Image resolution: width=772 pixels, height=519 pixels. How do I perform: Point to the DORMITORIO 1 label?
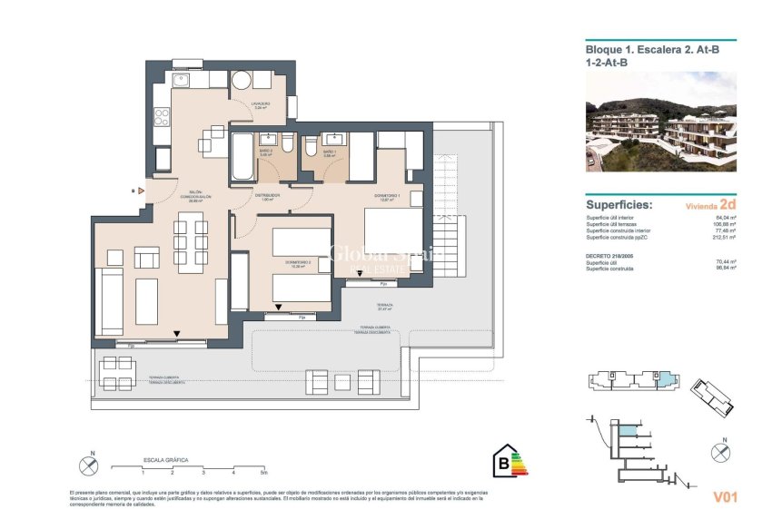(386, 197)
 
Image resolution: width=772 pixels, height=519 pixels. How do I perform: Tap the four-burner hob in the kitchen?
(163, 116)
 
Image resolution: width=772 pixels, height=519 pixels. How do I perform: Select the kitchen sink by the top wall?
(180, 81)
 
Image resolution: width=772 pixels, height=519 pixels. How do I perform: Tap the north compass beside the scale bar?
(88, 465)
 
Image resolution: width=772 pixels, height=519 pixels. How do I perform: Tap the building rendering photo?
(661, 122)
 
